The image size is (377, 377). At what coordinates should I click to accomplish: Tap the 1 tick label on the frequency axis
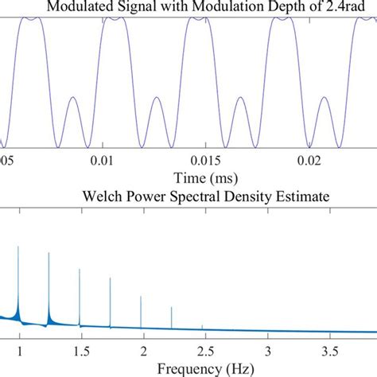19,351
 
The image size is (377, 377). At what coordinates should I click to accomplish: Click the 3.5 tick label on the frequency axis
330,351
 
